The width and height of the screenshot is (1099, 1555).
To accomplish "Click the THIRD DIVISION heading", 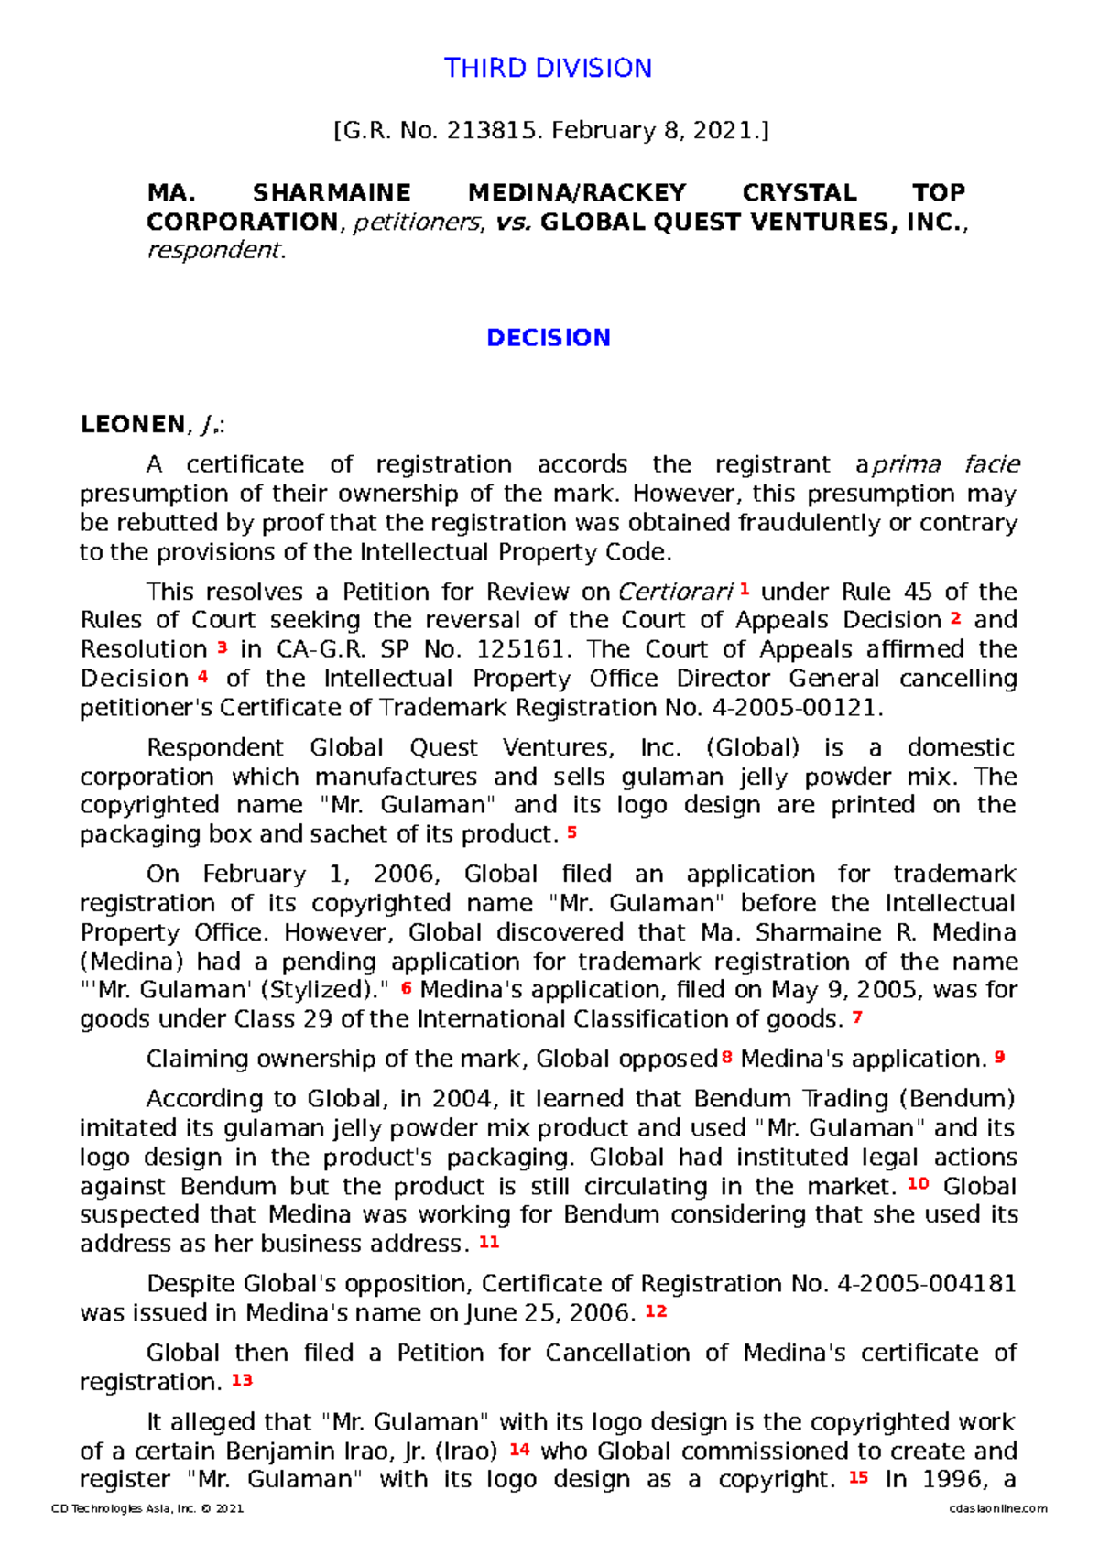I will point(548,69).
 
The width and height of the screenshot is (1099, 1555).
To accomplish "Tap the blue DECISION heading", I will point(548,338).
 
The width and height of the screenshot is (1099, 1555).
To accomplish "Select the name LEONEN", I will point(133,425).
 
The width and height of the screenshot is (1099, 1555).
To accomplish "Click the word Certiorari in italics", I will point(676,593).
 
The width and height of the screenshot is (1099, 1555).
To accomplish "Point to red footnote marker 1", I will point(745,589).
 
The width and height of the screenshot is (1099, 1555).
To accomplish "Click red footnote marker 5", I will point(571,832).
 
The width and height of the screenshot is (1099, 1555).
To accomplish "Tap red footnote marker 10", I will point(918,1183).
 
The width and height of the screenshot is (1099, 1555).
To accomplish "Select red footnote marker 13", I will point(242,1379).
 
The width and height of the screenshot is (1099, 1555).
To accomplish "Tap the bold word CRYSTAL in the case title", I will point(799,193).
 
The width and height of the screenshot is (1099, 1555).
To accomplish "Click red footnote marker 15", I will point(858,1477).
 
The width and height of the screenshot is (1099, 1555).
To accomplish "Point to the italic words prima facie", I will point(944,465).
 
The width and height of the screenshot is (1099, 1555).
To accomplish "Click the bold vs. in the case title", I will point(513,223).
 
